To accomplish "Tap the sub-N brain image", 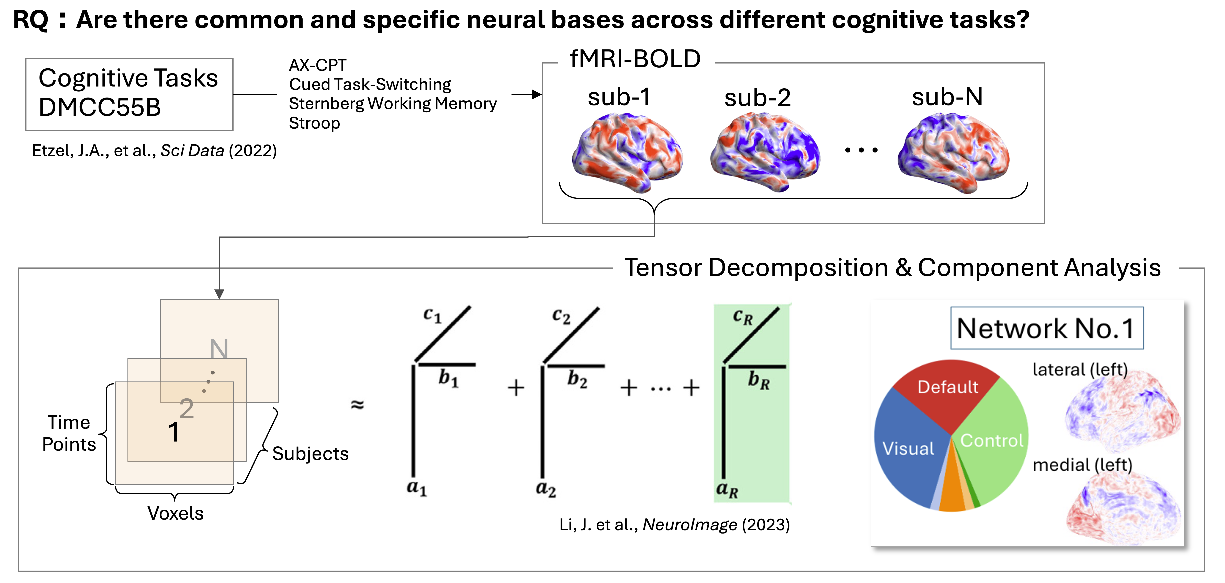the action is pyautogui.click(x=953, y=152).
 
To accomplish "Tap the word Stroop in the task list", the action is pyautogui.click(x=314, y=123).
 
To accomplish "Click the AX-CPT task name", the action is pyautogui.click(x=318, y=65).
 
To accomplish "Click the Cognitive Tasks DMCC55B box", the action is pyautogui.click(x=129, y=94).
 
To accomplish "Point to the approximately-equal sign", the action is pyautogui.click(x=357, y=405).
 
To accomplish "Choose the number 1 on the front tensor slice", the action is pyautogui.click(x=173, y=432).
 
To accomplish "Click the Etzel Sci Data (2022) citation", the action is pyautogui.click(x=154, y=151).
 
